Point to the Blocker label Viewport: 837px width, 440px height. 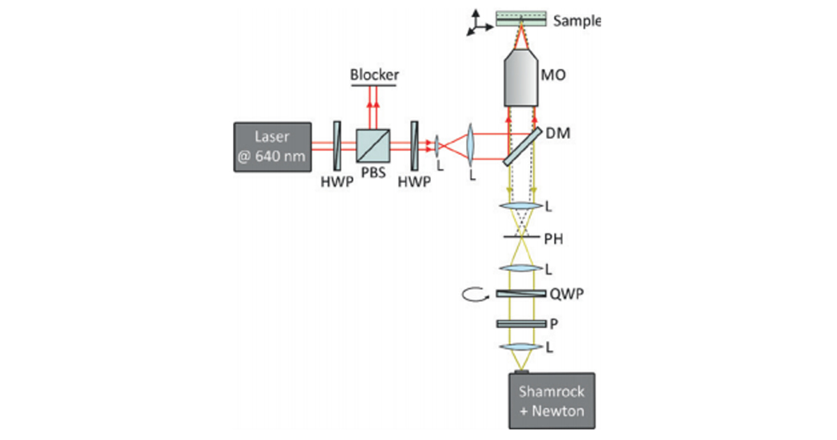click(x=374, y=75)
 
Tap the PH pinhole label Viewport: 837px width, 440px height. click(x=555, y=239)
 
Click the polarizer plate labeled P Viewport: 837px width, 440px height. click(x=521, y=323)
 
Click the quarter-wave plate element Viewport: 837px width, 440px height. click(x=521, y=294)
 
